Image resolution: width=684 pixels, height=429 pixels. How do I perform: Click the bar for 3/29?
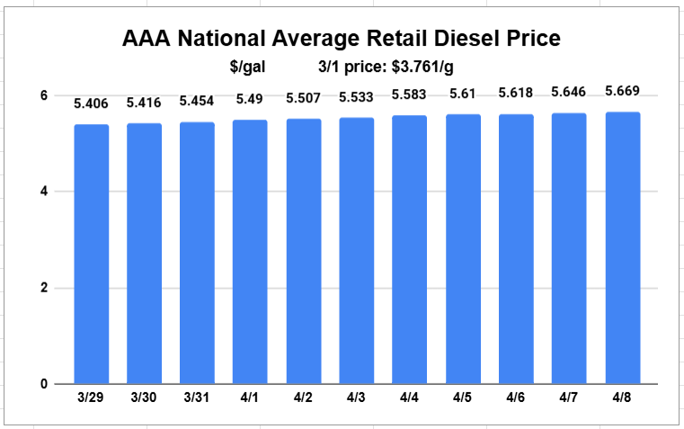coord(92,254)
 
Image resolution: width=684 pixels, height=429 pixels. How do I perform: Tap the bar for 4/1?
coord(250,252)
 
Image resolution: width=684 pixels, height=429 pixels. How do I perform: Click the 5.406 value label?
coord(91,103)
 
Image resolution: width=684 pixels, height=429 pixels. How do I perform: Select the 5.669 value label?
coord(623,91)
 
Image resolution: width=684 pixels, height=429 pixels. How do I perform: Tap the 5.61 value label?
coord(463,94)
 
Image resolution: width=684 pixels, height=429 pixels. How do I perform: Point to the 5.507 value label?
coord(304,98)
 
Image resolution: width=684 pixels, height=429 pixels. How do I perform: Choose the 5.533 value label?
coord(357,96)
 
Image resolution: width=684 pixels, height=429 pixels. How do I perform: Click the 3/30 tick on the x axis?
coord(144,397)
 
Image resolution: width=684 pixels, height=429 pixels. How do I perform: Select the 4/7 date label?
coord(569,397)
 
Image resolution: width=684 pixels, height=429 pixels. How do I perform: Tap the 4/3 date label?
coord(357,397)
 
